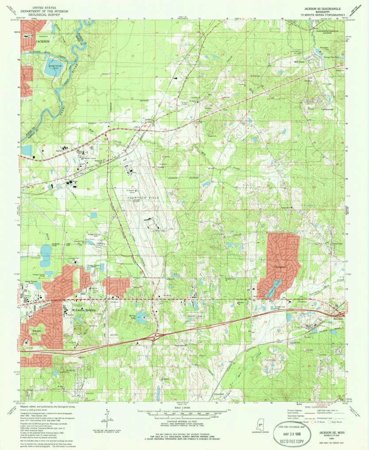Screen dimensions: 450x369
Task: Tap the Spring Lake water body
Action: [x=142, y=317]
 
